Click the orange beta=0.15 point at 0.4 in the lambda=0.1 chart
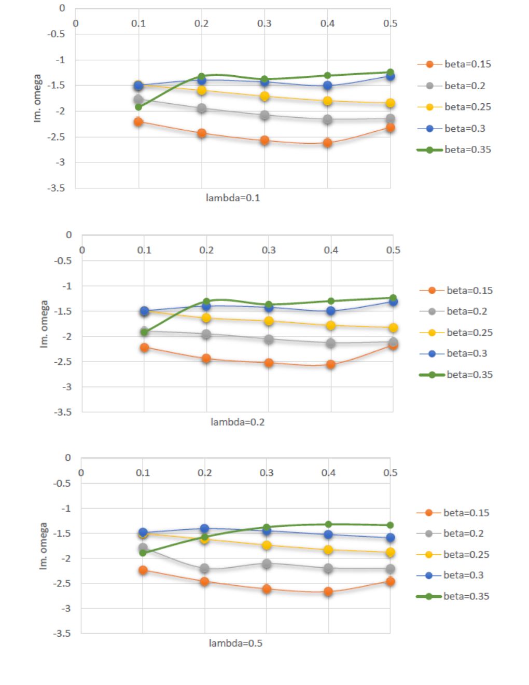pyautogui.click(x=327, y=143)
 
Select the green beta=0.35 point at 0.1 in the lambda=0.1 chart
pyautogui.click(x=138, y=107)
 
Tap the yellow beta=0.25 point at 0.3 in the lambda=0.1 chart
pyautogui.click(x=264, y=96)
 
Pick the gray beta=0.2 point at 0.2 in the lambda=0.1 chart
pyautogui.click(x=202, y=108)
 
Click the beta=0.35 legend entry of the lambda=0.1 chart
pyautogui.click(x=454, y=150)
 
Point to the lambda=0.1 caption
pyautogui.click(x=233, y=198)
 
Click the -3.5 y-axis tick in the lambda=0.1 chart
pyautogui.click(x=57, y=188)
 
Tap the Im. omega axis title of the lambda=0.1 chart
pyautogui.click(x=37, y=98)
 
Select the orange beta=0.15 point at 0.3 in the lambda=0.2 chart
pyautogui.click(x=269, y=363)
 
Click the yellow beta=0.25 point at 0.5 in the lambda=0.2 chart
pyautogui.click(x=393, y=327)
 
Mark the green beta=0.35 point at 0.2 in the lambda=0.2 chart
pyautogui.click(x=206, y=302)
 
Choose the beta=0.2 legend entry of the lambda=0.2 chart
pyautogui.click(x=453, y=311)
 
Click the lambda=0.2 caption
pyautogui.click(x=238, y=422)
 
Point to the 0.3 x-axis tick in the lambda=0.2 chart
pyautogui.click(x=269, y=250)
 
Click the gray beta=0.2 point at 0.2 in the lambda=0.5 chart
pyautogui.click(x=204, y=568)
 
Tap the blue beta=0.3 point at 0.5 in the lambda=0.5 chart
pyautogui.click(x=390, y=538)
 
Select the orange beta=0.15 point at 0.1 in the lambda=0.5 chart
pyautogui.click(x=143, y=570)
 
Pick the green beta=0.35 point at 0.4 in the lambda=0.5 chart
pyautogui.click(x=328, y=524)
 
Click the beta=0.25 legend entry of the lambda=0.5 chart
pyautogui.click(x=453, y=555)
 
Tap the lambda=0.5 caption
pyautogui.click(x=235, y=643)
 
